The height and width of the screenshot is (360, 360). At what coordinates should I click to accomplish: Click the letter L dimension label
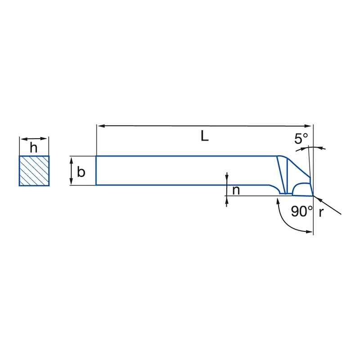tap(205, 136)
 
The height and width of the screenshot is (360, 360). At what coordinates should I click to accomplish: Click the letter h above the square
tap(34, 148)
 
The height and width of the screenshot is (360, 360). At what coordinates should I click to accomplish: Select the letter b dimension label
tap(81, 172)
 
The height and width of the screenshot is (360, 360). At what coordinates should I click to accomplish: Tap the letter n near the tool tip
tap(236, 190)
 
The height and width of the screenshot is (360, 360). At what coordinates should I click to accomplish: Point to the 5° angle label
tap(301, 139)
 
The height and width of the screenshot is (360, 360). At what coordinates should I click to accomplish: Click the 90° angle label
tap(301, 211)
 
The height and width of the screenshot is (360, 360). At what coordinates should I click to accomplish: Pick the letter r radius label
tap(321, 212)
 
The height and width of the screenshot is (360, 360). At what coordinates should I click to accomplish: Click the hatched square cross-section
tap(34, 171)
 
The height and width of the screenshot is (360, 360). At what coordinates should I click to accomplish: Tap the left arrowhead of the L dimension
tap(101, 126)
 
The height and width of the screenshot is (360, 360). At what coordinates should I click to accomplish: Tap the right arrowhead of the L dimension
tap(308, 126)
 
